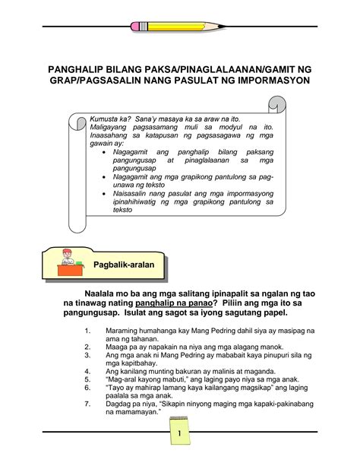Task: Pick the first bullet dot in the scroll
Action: click(105, 152)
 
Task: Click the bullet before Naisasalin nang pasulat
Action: click(105, 194)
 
